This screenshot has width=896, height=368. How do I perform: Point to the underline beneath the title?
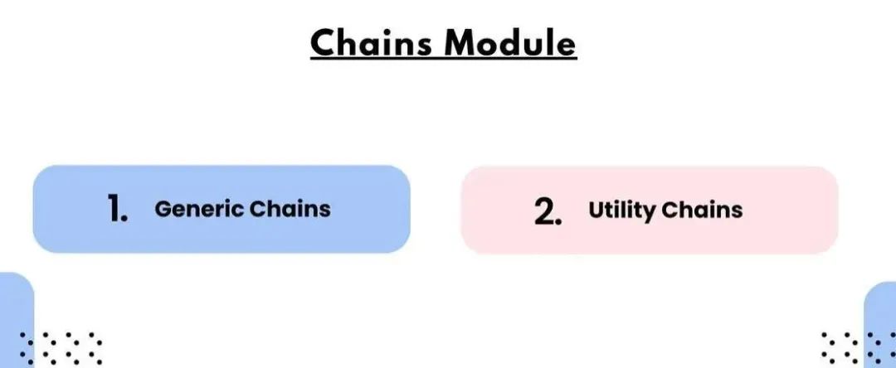pos(443,59)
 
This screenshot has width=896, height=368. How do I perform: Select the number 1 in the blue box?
pos(117,210)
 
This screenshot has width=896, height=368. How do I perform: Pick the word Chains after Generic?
pos(291,209)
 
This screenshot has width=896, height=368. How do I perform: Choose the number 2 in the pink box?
pos(547,211)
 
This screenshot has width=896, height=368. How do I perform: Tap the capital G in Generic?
pos(163,209)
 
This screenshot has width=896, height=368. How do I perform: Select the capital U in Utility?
pos(596,211)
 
